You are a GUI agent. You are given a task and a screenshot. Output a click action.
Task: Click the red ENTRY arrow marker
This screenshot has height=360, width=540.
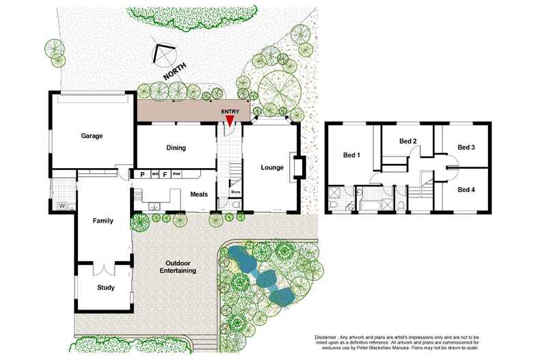coord(230,120)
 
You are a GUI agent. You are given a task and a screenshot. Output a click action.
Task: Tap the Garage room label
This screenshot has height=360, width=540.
coord(92,136)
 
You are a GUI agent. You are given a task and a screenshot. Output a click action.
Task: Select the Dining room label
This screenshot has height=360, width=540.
coord(176,148)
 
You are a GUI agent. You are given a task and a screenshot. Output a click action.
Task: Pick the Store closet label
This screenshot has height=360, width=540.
coord(235,193)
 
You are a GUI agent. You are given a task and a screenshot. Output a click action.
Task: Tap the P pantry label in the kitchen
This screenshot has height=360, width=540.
coord(142,174)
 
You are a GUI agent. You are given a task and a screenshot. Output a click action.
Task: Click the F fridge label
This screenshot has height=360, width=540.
coord(165,174)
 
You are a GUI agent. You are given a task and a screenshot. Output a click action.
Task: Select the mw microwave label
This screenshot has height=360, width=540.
coord(176,174)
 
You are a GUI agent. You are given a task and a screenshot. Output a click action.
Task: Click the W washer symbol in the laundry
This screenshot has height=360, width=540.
coord(62,206)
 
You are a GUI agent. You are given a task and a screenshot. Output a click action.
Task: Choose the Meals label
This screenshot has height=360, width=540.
coord(199,195)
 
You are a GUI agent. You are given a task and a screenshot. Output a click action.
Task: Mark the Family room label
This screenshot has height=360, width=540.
coord(103,221)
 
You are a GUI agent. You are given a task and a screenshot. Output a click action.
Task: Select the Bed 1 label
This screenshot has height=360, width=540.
coord(351,155)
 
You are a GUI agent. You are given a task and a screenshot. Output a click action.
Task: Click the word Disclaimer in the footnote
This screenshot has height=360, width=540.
coord(329,337)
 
